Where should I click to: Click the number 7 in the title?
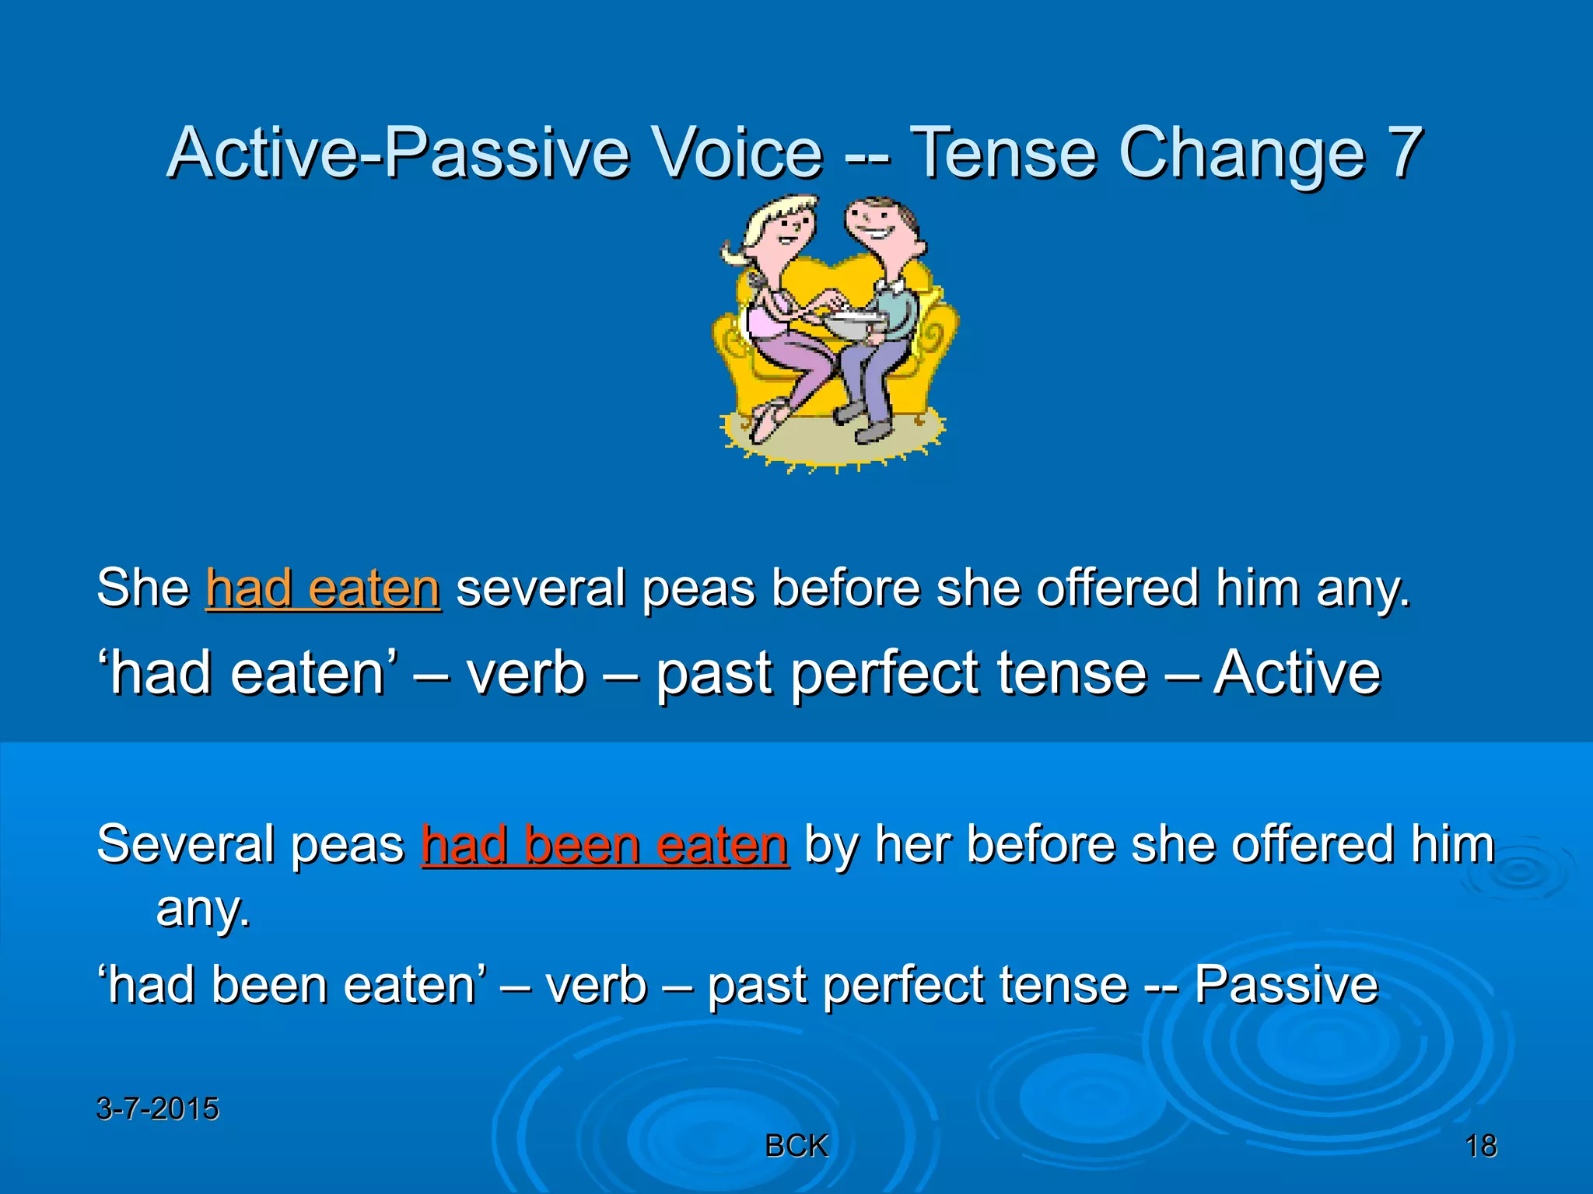click(1404, 152)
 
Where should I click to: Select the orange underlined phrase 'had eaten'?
click(323, 588)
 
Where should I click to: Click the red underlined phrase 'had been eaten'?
click(604, 845)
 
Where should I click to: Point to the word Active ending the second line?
click(1297, 673)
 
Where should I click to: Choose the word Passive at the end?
click(1286, 986)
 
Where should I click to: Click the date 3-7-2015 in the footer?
click(157, 1108)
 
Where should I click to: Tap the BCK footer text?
click(796, 1146)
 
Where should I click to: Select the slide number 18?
click(1481, 1146)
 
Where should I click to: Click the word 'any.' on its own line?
click(203, 909)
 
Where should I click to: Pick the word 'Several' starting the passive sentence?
click(184, 845)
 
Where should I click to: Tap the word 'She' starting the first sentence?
click(143, 588)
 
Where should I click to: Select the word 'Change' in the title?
click(1241, 152)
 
